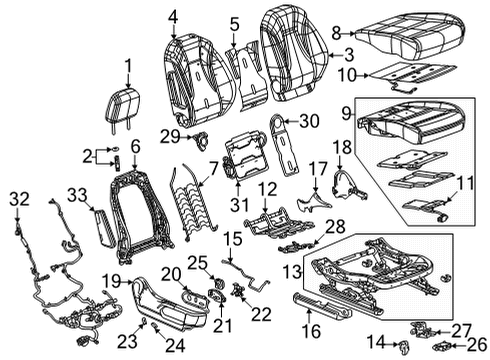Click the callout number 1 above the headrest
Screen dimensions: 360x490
[x=128, y=66]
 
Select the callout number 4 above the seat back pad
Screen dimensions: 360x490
[x=175, y=15]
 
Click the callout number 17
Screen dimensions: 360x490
[x=317, y=170]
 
